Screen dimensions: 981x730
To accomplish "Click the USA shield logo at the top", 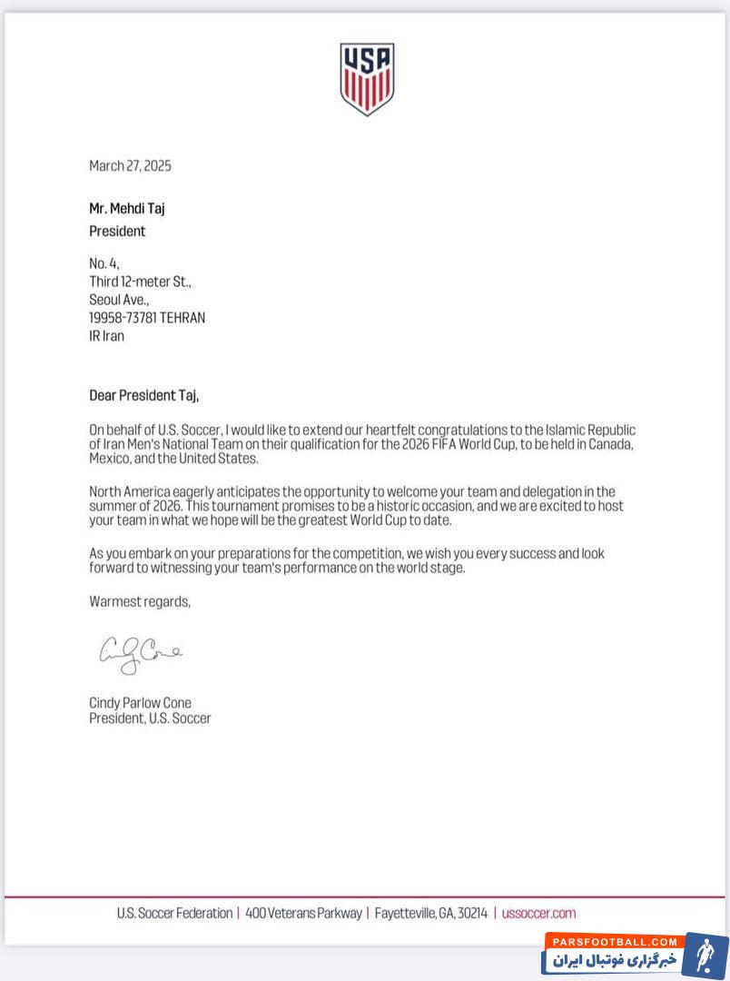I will click(367, 79).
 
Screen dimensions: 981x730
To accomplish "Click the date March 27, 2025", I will click(130, 165).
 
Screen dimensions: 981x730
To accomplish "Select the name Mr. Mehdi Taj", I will click(127, 208).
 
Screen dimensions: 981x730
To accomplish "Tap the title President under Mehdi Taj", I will click(117, 231).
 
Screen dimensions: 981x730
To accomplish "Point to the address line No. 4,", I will click(104, 263).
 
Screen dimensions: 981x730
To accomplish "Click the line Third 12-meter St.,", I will click(140, 282).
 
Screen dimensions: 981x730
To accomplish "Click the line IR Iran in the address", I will click(107, 335).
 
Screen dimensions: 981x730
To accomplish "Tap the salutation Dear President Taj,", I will click(143, 395).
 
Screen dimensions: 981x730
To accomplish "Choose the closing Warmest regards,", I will click(140, 600).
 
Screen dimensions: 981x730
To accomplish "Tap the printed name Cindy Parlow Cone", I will click(140, 703).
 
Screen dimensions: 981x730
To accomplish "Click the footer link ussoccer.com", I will click(539, 913).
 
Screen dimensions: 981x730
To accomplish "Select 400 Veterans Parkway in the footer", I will click(303, 913).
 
